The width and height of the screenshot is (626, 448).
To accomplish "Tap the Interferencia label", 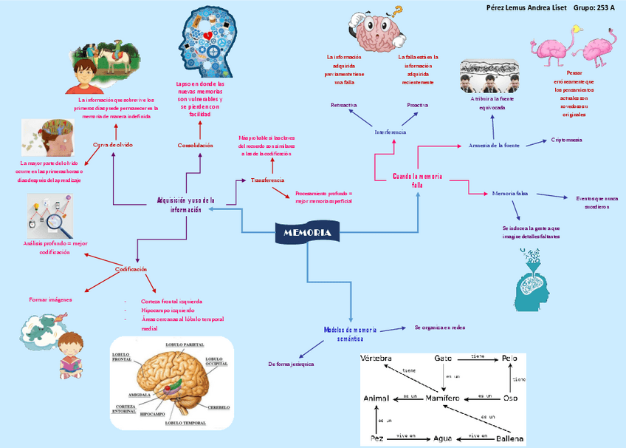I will [391, 132].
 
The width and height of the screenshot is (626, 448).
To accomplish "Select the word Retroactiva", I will [344, 105].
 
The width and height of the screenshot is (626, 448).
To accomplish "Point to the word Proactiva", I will [418, 105].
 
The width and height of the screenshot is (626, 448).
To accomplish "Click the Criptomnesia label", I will [566, 139].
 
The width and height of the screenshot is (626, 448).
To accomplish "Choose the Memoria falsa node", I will [509, 193].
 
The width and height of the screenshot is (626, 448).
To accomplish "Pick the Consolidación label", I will [196, 146].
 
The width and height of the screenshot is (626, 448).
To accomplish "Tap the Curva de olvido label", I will [113, 145].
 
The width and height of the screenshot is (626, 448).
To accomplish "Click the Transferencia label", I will [267, 180].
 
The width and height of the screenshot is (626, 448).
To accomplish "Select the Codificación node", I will [131, 269].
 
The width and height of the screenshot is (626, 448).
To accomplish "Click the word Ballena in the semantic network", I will [509, 439].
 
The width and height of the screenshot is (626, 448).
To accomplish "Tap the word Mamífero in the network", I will [443, 399].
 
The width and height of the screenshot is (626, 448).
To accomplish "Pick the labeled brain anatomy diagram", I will [171, 384].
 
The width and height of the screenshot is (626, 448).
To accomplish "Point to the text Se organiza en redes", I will [440, 326].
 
